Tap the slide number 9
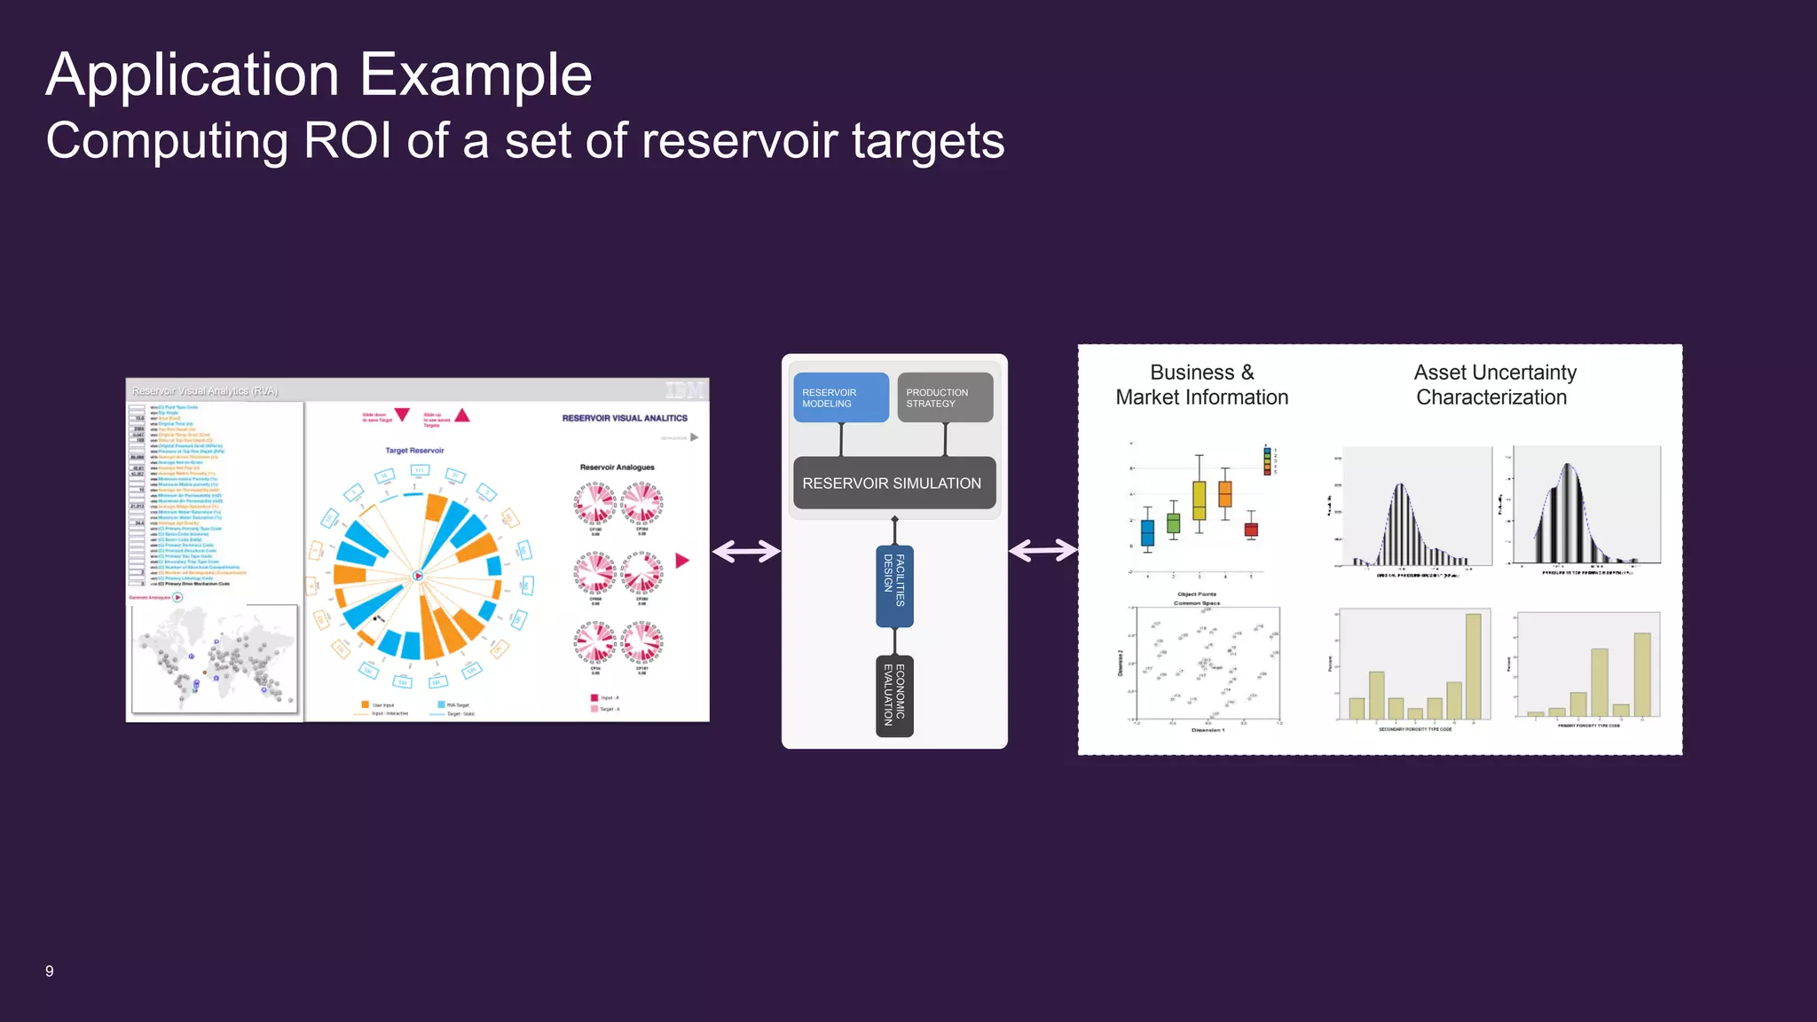point(50,971)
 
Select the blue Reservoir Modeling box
point(840,397)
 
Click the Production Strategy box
point(944,397)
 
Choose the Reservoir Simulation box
point(893,483)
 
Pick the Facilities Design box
point(894,586)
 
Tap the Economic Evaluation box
point(894,696)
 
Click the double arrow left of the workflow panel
point(746,552)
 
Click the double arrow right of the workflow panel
point(1042,551)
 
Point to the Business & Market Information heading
point(1201,385)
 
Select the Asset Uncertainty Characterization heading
point(1494,385)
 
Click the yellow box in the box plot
point(1199,500)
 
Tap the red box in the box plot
point(1251,530)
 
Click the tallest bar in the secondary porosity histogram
point(1473,665)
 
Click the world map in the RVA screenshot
point(214,659)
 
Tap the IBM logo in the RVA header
point(684,390)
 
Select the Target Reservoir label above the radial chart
point(414,451)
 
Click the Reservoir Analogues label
point(617,468)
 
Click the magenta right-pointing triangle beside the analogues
point(681,561)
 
